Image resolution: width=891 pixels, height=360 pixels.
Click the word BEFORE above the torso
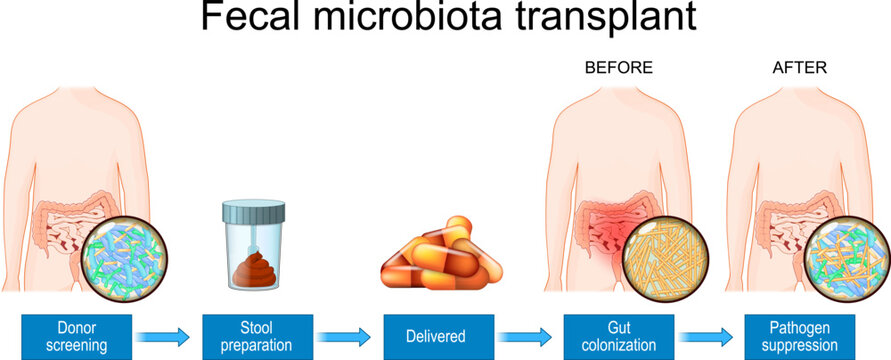coord(619,68)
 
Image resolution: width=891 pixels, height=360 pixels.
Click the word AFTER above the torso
coord(800,68)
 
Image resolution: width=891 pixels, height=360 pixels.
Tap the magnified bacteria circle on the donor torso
coord(122,255)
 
